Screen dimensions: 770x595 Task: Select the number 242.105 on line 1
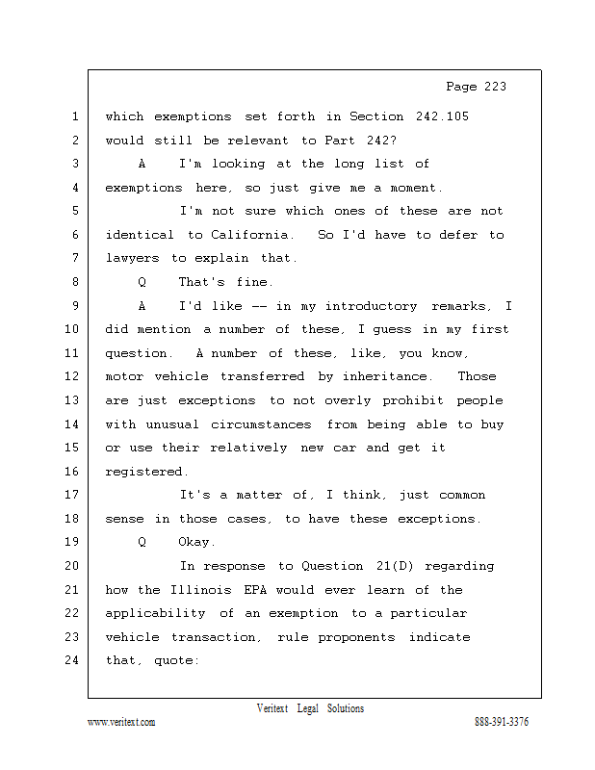point(441,116)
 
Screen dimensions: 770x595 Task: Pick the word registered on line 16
point(145,472)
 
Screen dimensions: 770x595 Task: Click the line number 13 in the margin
point(73,400)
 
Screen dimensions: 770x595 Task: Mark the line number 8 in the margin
point(73,282)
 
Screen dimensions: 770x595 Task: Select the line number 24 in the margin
point(73,660)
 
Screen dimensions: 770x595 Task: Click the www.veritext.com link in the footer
point(121,723)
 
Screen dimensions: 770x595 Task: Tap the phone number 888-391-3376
point(502,723)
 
